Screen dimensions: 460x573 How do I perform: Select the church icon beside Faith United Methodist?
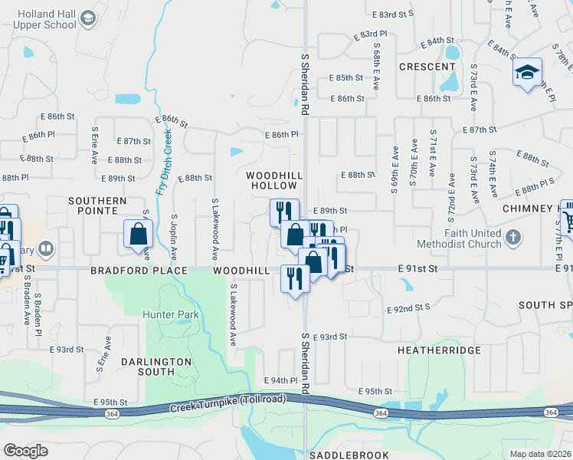pyautogui.click(x=512, y=238)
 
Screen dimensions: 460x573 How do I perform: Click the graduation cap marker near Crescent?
pyautogui.click(x=526, y=73)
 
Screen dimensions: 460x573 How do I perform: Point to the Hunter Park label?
pyautogui.click(x=170, y=314)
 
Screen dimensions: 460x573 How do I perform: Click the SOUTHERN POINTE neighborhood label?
pyautogui.click(x=97, y=205)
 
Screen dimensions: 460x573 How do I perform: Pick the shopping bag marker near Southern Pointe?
pyautogui.click(x=138, y=235)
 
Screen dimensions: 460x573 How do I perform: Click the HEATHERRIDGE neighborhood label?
pyautogui.click(x=439, y=350)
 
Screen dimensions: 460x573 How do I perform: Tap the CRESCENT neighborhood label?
pyautogui.click(x=427, y=67)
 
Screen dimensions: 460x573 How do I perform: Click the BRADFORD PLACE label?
pyautogui.click(x=139, y=271)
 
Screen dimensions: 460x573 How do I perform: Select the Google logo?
pyautogui.click(x=25, y=450)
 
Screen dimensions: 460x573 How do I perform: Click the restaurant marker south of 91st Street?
pyautogui.click(x=294, y=279)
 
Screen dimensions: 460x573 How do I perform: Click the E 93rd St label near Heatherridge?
pyautogui.click(x=332, y=337)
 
